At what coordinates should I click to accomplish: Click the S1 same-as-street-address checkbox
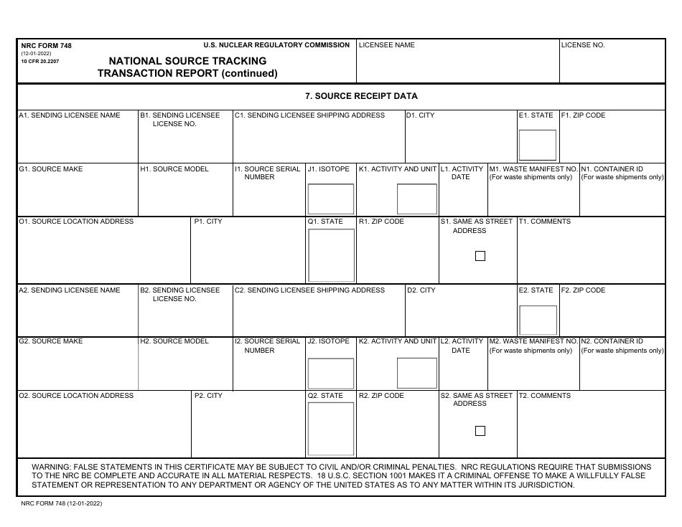pyautogui.click(x=480, y=256)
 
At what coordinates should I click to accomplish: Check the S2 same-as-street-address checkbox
pyautogui.click(x=480, y=431)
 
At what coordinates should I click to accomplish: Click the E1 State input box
pyautogui.click(x=538, y=145)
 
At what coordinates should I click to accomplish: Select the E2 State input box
pyautogui.click(x=538, y=320)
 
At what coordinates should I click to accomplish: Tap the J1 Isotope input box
pyautogui.click(x=330, y=199)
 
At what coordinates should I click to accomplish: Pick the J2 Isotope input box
pyautogui.click(x=330, y=373)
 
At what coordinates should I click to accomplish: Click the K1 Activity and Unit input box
pyautogui.click(x=416, y=199)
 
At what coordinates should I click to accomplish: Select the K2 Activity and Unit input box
pyautogui.click(x=416, y=373)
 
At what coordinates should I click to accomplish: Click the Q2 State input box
pyautogui.click(x=330, y=429)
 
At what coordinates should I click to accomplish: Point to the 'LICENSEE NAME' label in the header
pyautogui.click(x=386, y=45)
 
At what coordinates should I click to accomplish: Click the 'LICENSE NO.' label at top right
pyautogui.click(x=583, y=45)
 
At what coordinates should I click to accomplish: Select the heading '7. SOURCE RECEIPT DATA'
pyautogui.click(x=361, y=96)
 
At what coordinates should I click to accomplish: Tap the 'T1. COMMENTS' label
pyautogui.click(x=545, y=222)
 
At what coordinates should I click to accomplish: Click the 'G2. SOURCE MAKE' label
pyautogui.click(x=51, y=341)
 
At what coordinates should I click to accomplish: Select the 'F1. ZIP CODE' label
pyautogui.click(x=583, y=115)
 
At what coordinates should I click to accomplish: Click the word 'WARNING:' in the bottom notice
pyautogui.click(x=52, y=467)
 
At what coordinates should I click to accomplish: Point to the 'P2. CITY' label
pyautogui.click(x=208, y=396)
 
